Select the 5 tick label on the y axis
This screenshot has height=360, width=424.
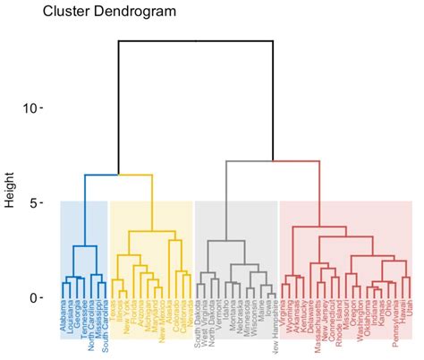pyautogui.click(x=37, y=203)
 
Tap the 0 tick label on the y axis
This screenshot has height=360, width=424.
pyautogui.click(x=37, y=298)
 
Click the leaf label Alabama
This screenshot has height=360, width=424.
pyautogui.click(x=63, y=320)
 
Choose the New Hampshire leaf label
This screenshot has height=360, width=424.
pyautogui.click(x=272, y=330)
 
